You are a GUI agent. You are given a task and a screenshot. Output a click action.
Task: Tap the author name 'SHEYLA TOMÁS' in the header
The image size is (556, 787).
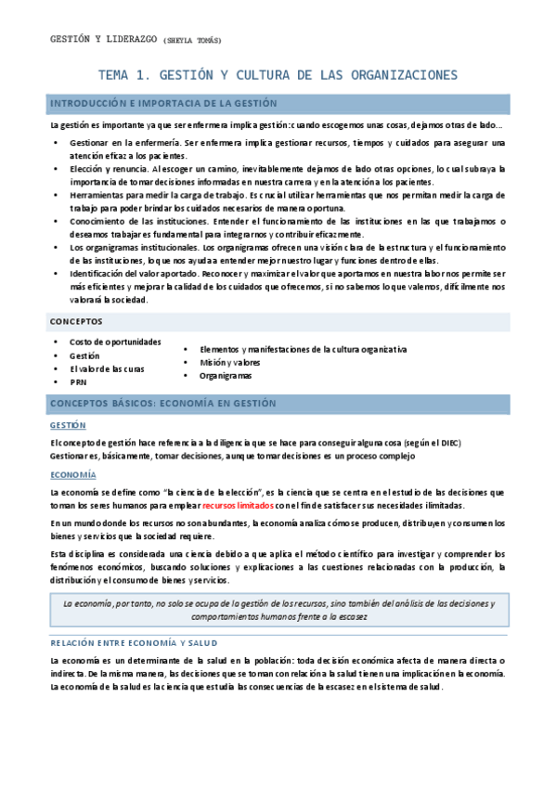193,41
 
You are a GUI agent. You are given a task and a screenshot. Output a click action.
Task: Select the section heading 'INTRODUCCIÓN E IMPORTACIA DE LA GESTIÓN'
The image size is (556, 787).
162,104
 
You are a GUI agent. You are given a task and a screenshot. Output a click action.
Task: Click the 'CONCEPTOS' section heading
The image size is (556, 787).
76,322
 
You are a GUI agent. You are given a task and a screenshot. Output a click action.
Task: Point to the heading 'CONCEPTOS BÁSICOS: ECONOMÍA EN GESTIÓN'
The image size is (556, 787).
162,404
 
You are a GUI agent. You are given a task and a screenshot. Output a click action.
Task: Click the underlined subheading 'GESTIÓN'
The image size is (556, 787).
68,425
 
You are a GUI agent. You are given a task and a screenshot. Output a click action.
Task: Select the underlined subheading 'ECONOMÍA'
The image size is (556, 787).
72,475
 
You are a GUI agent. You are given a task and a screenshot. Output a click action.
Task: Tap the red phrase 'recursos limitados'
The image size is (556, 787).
238,506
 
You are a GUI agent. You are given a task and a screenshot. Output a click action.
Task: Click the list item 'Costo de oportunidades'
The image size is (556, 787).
115,342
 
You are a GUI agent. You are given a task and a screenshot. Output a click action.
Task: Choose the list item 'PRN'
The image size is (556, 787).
78,381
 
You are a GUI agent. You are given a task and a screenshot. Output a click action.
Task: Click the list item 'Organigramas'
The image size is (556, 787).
226,376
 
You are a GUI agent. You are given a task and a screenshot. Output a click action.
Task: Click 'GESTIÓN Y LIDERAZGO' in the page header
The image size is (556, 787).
103,40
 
